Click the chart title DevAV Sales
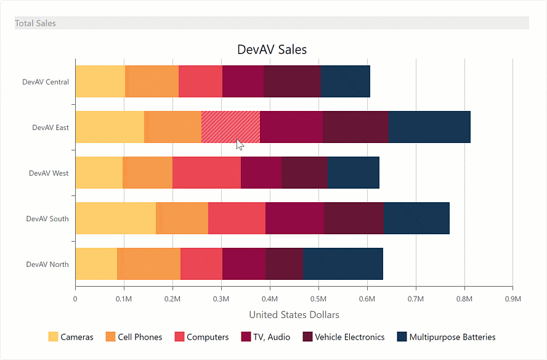[272, 49]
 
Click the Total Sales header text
[35, 23]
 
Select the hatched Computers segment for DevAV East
[230, 127]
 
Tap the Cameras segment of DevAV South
[115, 218]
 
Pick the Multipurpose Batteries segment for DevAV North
[342, 264]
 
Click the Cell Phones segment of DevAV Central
[152, 81]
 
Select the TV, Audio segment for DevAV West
[261, 173]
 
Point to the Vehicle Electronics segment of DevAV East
[355, 127]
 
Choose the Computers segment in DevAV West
[206, 173]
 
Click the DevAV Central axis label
[46, 82]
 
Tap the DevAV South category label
[47, 219]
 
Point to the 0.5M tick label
[318, 299]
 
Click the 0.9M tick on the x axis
[513, 299]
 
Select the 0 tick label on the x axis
[75, 299]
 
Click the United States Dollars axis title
[294, 315]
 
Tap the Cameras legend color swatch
[53, 337]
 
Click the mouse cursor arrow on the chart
[240, 144]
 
